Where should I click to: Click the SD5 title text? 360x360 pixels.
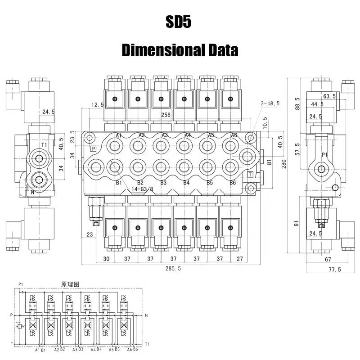pos(178,22)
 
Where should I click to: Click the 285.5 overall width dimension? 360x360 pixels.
pos(173,268)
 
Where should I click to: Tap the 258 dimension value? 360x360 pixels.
pos(166,115)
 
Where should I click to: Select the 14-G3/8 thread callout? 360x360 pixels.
pos(142,189)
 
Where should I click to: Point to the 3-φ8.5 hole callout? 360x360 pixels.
pos(270,103)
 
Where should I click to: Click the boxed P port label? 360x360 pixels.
pos(93,149)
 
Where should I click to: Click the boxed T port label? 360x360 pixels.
pos(250,175)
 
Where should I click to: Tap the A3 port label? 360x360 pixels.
pos(165,135)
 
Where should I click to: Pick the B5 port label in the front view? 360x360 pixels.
pos(210,183)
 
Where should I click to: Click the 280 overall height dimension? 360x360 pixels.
pos(284,164)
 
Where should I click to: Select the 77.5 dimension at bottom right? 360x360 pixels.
pos(335,270)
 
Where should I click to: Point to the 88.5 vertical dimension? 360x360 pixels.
pos(297,103)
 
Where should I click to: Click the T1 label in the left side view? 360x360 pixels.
pos(44,145)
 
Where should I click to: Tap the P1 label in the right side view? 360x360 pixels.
pos(324,155)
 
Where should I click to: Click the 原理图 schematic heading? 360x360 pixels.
pos(70,284)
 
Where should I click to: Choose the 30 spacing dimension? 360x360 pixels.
pos(106,259)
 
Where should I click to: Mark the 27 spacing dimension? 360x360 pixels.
pos(240,259)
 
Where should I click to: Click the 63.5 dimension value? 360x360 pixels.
pos(329,96)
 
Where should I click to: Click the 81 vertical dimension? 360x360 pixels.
pos(269,162)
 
